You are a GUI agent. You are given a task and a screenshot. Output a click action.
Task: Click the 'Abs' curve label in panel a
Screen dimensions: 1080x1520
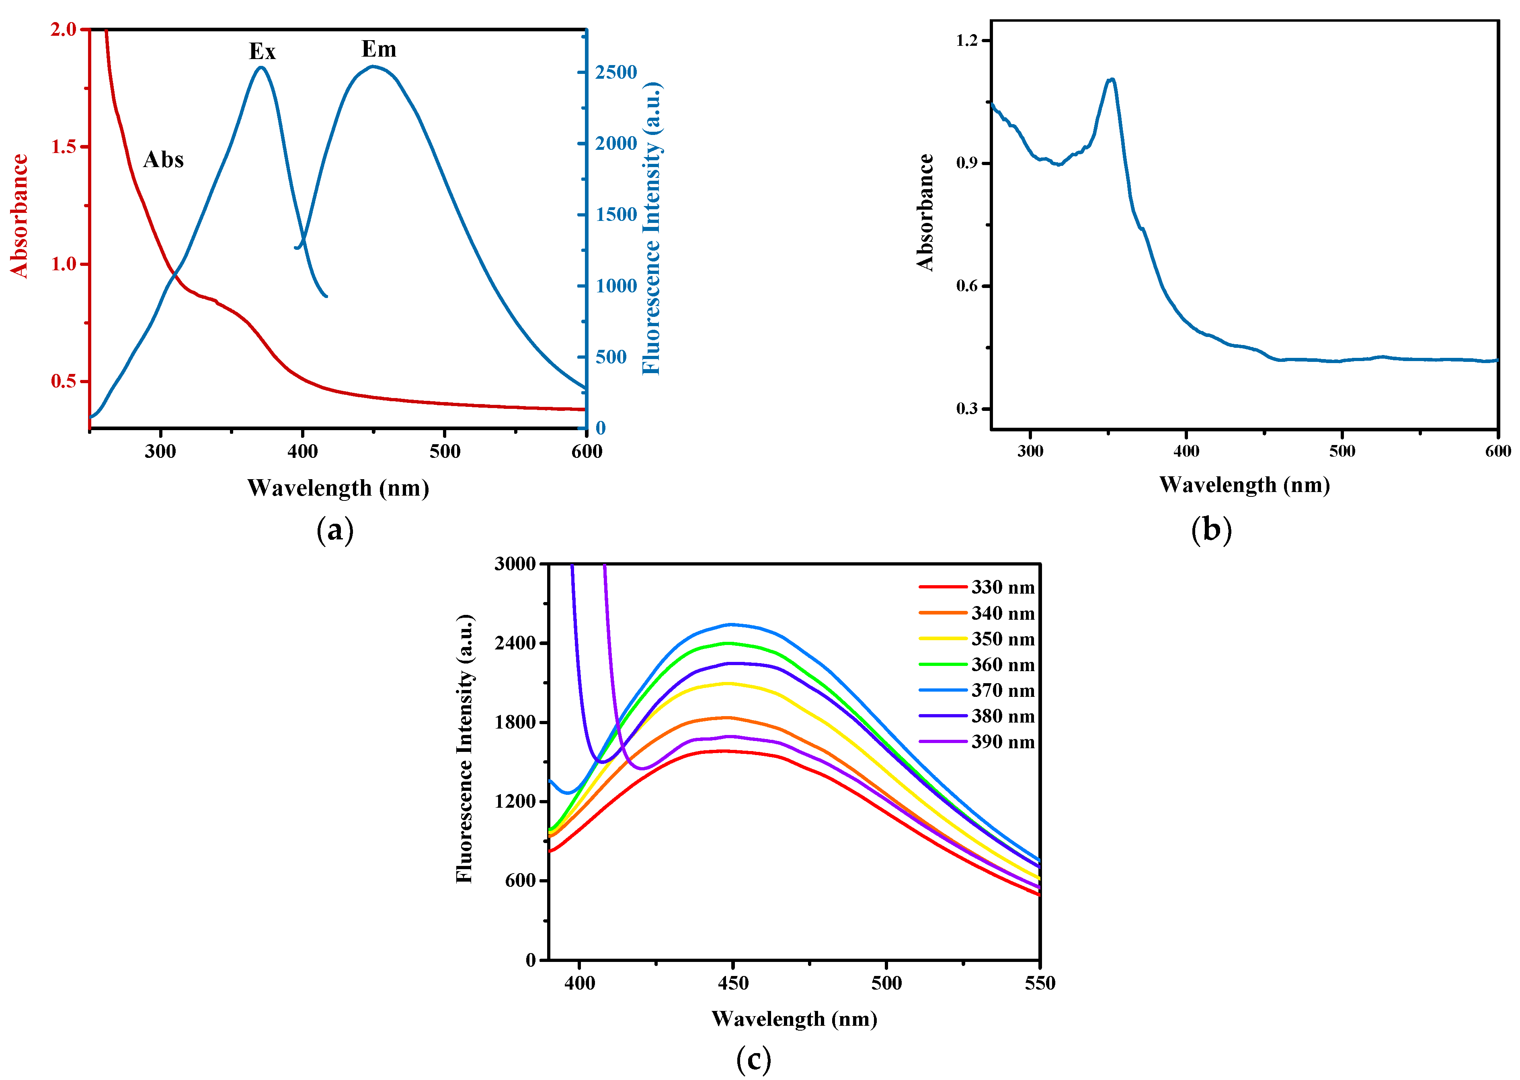coord(163,159)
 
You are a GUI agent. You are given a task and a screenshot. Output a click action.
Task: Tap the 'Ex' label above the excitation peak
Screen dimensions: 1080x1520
coord(262,51)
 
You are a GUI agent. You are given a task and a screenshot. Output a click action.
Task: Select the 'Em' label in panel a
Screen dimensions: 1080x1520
coord(379,49)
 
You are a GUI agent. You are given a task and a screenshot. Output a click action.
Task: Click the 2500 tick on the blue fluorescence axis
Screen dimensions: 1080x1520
coord(615,72)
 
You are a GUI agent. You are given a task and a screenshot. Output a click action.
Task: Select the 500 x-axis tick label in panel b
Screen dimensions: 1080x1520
coord(1342,451)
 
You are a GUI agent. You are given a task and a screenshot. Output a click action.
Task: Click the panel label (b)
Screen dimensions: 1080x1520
coord(1211,530)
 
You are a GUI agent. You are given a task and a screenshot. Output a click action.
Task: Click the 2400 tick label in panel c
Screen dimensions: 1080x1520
coord(515,643)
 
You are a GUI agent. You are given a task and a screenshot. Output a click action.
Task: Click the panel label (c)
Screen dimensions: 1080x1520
coord(753,1058)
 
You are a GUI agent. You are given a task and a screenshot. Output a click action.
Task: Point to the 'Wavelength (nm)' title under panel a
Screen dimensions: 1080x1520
coord(338,488)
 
